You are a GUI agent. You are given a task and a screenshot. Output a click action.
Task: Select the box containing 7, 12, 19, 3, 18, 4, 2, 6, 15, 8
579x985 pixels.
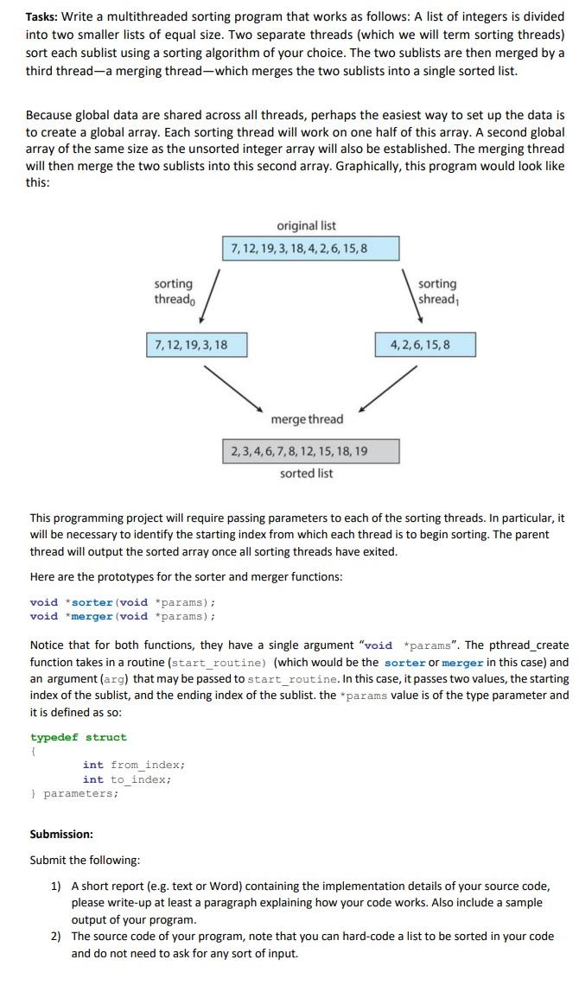coord(311,248)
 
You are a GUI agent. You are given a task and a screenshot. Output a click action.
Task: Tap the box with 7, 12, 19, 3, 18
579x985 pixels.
coord(196,345)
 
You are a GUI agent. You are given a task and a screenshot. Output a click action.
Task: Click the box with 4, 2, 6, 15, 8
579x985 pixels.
coord(425,345)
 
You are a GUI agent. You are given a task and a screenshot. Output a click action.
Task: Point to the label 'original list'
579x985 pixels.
coord(306,226)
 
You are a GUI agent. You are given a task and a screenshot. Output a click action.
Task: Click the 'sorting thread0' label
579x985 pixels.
coord(175,291)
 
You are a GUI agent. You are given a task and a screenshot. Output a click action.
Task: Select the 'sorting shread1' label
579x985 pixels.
coord(437,291)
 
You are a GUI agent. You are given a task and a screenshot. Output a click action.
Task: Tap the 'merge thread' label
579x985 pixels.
coord(307,419)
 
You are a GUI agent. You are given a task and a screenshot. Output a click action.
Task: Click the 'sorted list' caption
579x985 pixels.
coord(306,473)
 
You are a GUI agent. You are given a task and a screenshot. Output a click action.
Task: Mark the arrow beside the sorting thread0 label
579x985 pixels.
coord(213,296)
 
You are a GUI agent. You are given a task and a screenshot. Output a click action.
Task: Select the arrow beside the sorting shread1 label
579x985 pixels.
coord(405,295)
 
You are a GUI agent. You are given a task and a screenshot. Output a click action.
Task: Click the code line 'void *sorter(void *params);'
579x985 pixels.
coord(122,602)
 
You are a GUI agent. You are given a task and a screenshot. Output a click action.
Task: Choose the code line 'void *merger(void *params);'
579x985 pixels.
coord(122,616)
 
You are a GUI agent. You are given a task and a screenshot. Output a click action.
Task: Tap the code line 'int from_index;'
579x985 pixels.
coord(134,765)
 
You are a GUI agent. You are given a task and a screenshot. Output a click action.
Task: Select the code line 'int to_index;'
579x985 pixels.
coord(127,778)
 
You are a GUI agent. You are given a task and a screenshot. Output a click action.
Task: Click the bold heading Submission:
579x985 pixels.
coord(61,835)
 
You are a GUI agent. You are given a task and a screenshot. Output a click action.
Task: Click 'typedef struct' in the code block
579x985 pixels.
coord(78,737)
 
